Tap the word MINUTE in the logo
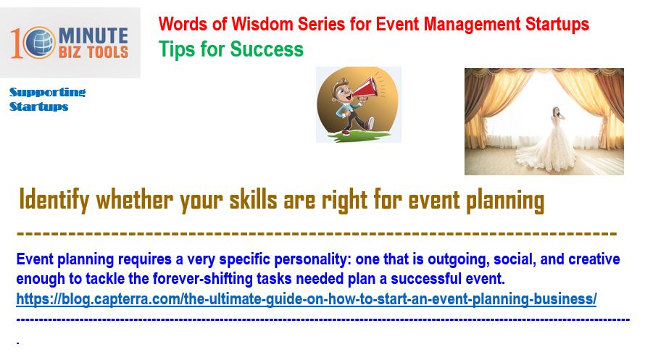tap(93, 35)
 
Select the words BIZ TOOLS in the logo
tap(93, 52)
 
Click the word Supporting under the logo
tap(48, 93)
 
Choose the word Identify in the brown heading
tap(54, 200)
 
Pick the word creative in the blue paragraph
tap(594, 259)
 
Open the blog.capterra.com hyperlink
tap(307, 299)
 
